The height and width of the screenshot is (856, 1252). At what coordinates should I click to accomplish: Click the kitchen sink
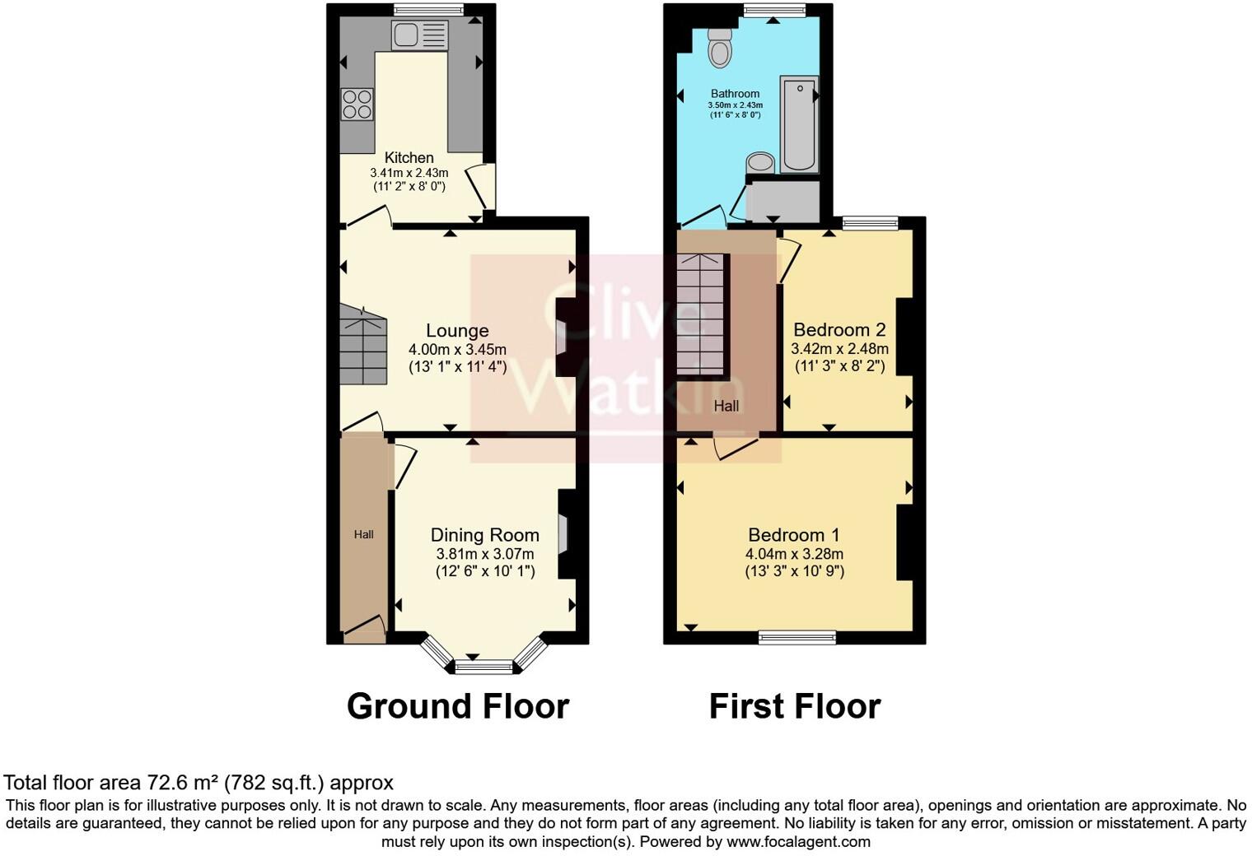[x=419, y=35]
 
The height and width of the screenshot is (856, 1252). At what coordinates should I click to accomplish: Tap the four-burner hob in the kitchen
[x=357, y=105]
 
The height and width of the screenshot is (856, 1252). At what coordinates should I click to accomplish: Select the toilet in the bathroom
[x=720, y=49]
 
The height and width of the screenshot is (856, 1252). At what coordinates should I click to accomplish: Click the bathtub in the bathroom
[x=798, y=124]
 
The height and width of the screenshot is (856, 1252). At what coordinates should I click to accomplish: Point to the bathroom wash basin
[x=761, y=161]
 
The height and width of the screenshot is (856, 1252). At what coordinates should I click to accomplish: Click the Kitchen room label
[x=409, y=157]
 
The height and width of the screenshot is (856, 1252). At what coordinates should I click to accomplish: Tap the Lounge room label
[x=457, y=331]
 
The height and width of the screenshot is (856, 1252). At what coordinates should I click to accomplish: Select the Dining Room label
[x=485, y=535]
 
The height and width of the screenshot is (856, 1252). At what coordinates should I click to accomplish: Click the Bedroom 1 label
[x=794, y=535]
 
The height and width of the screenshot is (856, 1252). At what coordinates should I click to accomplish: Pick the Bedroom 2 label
[x=839, y=330]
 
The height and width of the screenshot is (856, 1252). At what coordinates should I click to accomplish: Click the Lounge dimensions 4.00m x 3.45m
[x=457, y=350]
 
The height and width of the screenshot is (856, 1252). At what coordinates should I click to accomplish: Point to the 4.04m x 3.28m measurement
[x=794, y=554]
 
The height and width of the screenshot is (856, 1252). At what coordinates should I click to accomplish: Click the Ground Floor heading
[x=458, y=706]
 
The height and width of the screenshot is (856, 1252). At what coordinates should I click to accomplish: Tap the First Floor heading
[x=795, y=706]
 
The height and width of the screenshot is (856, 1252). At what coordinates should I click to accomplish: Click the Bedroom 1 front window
[x=797, y=636]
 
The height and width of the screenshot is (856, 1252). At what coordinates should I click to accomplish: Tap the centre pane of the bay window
[x=484, y=666]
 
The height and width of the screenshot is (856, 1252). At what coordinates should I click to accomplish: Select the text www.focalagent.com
[x=798, y=841]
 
